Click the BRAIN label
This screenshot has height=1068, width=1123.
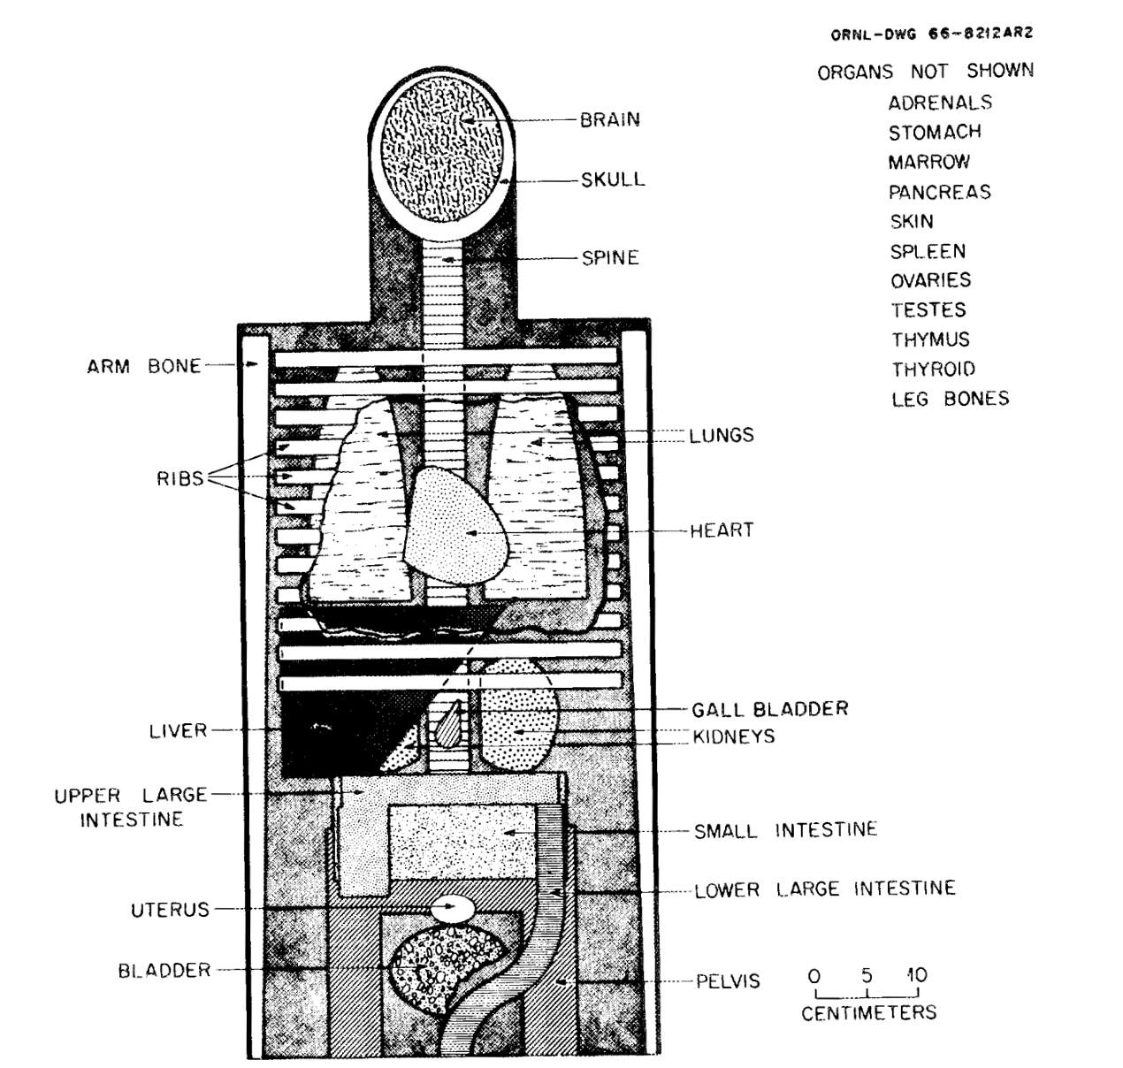click(609, 120)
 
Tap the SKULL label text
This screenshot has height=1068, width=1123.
click(613, 179)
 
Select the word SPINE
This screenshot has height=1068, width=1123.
click(610, 258)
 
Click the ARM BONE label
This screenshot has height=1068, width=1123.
click(144, 366)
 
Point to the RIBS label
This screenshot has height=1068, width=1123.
click(180, 478)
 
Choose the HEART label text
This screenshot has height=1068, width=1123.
click(722, 530)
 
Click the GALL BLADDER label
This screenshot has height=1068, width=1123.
click(770, 709)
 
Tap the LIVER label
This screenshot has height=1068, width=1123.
click(178, 731)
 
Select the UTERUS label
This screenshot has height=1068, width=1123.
click(171, 910)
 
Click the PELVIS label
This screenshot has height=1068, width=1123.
click(728, 981)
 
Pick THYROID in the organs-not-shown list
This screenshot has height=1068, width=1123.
click(934, 370)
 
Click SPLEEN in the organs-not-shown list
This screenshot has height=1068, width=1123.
click(928, 251)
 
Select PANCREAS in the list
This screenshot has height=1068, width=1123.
click(940, 192)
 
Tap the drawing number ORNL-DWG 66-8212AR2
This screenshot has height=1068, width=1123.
click(932, 34)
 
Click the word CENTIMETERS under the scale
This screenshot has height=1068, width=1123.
click(869, 1013)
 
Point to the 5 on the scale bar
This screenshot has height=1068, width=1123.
click(867, 975)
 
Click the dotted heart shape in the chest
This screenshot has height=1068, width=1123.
click(455, 524)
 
